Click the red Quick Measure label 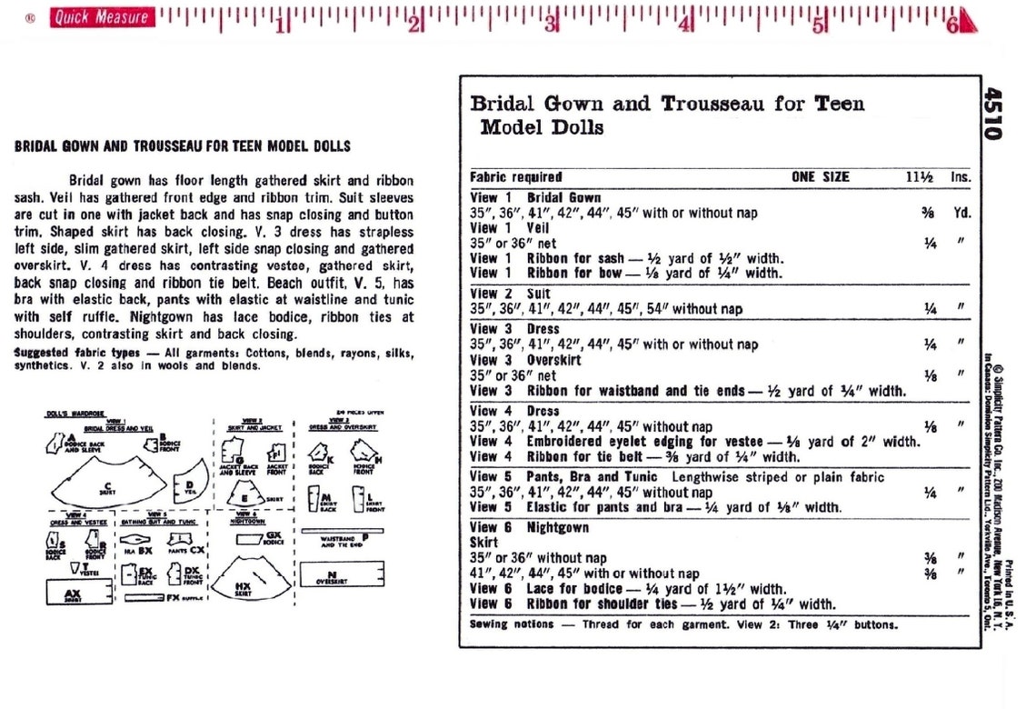click(102, 17)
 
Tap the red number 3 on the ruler click(550, 25)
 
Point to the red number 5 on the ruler click(819, 25)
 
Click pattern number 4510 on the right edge click(992, 113)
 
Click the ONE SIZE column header click(820, 177)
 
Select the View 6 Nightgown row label click(529, 527)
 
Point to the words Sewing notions click(511, 624)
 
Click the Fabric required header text click(515, 177)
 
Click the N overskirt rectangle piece click(331, 574)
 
